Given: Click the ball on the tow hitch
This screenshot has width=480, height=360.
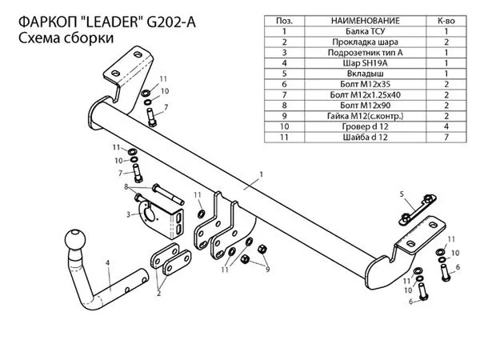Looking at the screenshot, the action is pyautogui.click(x=75, y=239).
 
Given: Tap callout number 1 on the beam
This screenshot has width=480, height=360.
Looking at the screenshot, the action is pyautogui.click(x=261, y=174).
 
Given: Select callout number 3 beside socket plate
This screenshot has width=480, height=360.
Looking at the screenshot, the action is pyautogui.click(x=129, y=214).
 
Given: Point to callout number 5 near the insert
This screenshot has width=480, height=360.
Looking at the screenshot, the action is pyautogui.click(x=402, y=194).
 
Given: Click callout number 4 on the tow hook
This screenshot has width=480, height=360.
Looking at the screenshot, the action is pyautogui.click(x=107, y=262).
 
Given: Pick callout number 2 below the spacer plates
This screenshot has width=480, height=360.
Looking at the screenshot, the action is pyautogui.click(x=159, y=294).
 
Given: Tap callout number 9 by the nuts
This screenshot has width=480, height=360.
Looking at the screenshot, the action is pyautogui.click(x=267, y=270).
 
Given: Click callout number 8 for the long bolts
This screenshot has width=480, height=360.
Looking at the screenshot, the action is pyautogui.click(x=126, y=186).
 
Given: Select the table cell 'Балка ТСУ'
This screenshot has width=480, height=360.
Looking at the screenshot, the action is pyautogui.click(x=365, y=31).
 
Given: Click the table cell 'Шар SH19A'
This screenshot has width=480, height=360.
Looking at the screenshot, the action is pyautogui.click(x=365, y=63).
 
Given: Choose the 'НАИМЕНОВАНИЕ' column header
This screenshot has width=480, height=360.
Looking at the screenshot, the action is pyautogui.click(x=366, y=21).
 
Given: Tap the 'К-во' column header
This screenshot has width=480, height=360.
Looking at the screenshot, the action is pyautogui.click(x=446, y=21).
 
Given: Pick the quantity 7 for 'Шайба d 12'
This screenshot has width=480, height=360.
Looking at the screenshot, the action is pyautogui.click(x=446, y=137).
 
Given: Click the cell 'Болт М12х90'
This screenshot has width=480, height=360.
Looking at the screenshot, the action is pyautogui.click(x=366, y=106).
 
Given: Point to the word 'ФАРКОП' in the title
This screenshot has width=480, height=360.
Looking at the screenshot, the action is pyautogui.click(x=48, y=22).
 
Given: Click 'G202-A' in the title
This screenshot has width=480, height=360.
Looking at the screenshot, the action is pyautogui.click(x=171, y=22).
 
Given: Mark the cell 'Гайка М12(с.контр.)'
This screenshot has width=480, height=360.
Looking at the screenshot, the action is pyautogui.click(x=366, y=116).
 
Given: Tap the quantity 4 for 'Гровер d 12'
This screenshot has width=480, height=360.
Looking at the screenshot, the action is pyautogui.click(x=446, y=126).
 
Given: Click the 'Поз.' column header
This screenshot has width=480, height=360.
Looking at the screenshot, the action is pyautogui.click(x=284, y=21).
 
